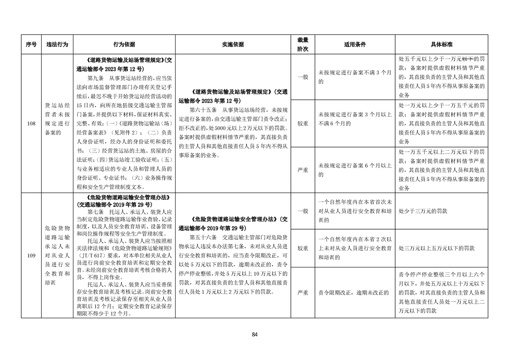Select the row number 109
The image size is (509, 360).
[x=31, y=256]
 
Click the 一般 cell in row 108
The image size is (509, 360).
[x=303, y=77]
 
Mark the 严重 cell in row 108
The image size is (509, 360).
[x=303, y=170]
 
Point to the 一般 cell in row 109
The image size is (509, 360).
[x=303, y=211]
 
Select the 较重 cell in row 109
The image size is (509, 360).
[x=303, y=248]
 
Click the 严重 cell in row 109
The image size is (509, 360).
[x=303, y=292]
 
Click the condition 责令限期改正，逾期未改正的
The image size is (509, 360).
[x=354, y=292]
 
